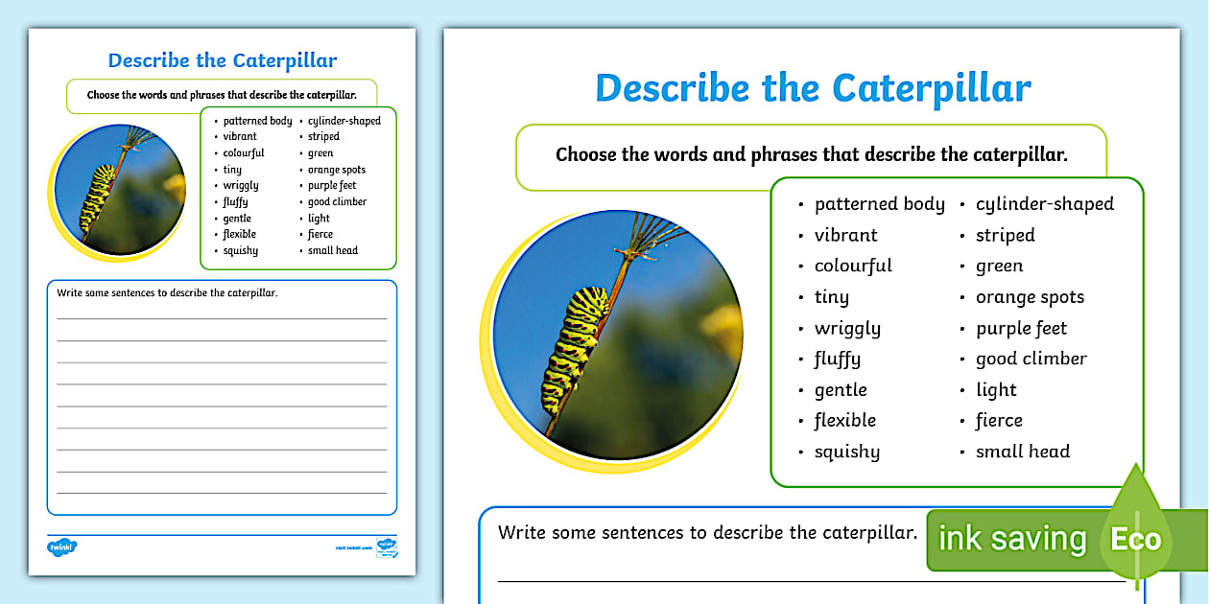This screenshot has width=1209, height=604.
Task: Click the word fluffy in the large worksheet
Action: click(837, 360)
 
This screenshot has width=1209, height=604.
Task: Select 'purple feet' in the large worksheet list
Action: click(1021, 329)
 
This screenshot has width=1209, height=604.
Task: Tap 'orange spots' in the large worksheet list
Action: click(1030, 297)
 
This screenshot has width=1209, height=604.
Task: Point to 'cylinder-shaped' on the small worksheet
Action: click(344, 121)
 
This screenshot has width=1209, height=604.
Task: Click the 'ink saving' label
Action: click(1011, 539)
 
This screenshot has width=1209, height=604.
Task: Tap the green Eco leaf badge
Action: click(1135, 537)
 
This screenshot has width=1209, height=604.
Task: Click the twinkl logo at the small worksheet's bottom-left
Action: click(61, 547)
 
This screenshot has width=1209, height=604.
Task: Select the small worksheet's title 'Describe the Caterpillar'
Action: click(222, 60)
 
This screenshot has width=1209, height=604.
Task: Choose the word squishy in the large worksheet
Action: click(846, 452)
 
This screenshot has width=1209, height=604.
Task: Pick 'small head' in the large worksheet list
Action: click(1022, 452)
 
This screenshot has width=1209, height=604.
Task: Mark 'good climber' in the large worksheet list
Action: click(1031, 360)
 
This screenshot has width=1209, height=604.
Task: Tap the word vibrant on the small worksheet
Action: click(240, 137)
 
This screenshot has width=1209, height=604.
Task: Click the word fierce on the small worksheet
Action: click(320, 234)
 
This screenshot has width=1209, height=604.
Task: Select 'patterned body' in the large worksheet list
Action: click(879, 204)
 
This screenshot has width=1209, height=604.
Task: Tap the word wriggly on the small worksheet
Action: click(241, 186)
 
